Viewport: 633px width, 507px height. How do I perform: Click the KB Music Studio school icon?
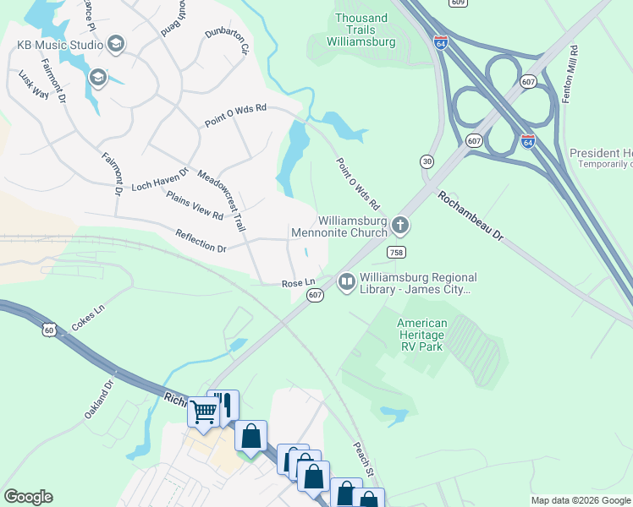point(116,44)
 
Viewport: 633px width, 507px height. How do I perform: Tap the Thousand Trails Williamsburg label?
point(361,30)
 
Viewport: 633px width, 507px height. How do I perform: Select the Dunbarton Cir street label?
point(227,43)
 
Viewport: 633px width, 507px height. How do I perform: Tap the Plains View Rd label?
point(195,205)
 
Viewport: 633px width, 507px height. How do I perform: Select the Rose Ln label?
point(298,284)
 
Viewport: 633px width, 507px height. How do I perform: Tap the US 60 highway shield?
point(50,330)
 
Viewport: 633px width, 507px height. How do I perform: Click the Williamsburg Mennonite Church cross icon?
point(400,226)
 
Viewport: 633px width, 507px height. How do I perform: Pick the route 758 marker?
point(395,253)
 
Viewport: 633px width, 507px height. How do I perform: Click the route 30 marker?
point(427,161)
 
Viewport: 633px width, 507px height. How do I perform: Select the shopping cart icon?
point(204,412)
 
